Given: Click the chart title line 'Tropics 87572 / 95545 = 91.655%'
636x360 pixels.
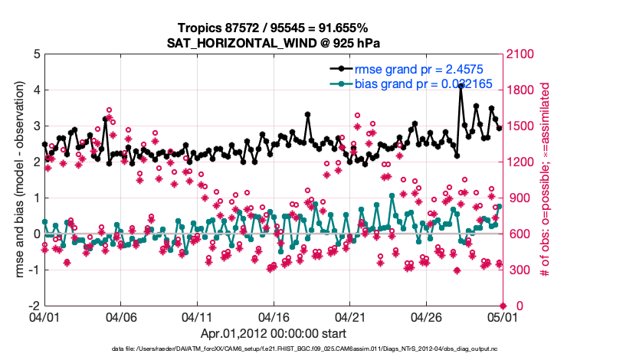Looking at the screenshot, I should (x=274, y=28).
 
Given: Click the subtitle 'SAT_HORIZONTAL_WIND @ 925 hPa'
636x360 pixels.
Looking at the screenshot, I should (x=274, y=43).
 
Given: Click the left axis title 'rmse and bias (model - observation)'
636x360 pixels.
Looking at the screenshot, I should (x=17, y=180).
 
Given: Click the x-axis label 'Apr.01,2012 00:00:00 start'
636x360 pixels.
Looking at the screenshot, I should (x=274, y=333).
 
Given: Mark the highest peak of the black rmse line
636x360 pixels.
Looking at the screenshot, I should (x=461, y=86).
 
